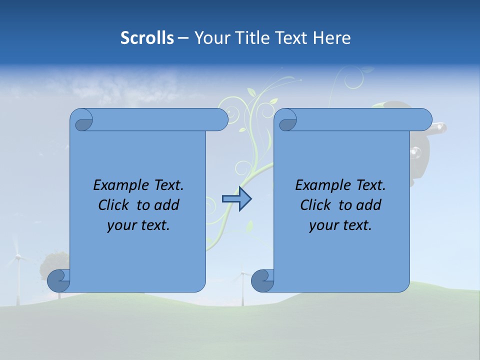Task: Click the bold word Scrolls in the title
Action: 147,38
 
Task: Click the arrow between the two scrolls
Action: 236,199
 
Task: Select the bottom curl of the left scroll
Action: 58,280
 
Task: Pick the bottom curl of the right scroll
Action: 262,280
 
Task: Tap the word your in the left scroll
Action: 120,225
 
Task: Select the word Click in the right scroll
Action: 316,205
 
